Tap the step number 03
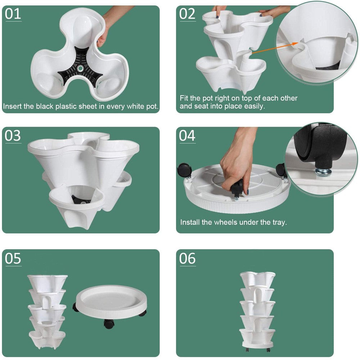point(13,136)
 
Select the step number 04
point(187,136)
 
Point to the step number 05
point(13,259)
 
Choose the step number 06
point(187,259)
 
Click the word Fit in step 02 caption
point(184,98)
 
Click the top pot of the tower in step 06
point(257,279)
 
